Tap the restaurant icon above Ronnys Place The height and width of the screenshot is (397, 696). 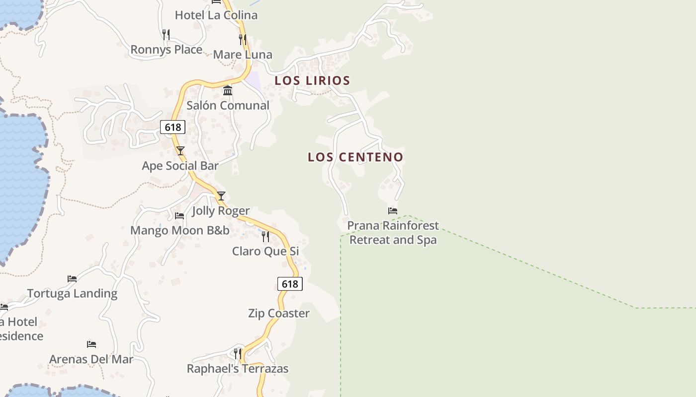click(x=166, y=34)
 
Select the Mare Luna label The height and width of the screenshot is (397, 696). click(x=243, y=55)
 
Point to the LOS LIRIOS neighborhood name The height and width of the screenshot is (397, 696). click(x=312, y=80)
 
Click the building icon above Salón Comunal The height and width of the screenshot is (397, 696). click(x=228, y=90)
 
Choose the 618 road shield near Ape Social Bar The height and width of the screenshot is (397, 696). click(x=173, y=128)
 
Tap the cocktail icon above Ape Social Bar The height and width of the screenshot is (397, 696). click(x=180, y=151)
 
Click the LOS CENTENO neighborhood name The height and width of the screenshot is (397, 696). click(x=355, y=157)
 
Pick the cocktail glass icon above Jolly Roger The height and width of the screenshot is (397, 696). click(x=221, y=196)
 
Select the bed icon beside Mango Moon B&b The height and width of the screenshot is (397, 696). click(x=179, y=215)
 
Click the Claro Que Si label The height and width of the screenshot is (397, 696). click(x=265, y=251)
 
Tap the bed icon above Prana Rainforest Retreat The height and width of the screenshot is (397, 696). click(x=393, y=211)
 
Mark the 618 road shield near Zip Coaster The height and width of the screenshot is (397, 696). click(x=290, y=284)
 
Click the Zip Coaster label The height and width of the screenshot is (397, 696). click(x=279, y=313)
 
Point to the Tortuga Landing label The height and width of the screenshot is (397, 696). click(x=72, y=293)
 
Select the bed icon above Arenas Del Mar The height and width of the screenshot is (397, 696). click(x=91, y=344)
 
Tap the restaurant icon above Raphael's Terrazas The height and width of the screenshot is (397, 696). click(x=238, y=353)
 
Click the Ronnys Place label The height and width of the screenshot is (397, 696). click(x=166, y=50)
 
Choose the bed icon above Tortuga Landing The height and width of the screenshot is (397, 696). click(x=72, y=278)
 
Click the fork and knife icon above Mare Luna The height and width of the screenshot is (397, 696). click(x=243, y=39)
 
